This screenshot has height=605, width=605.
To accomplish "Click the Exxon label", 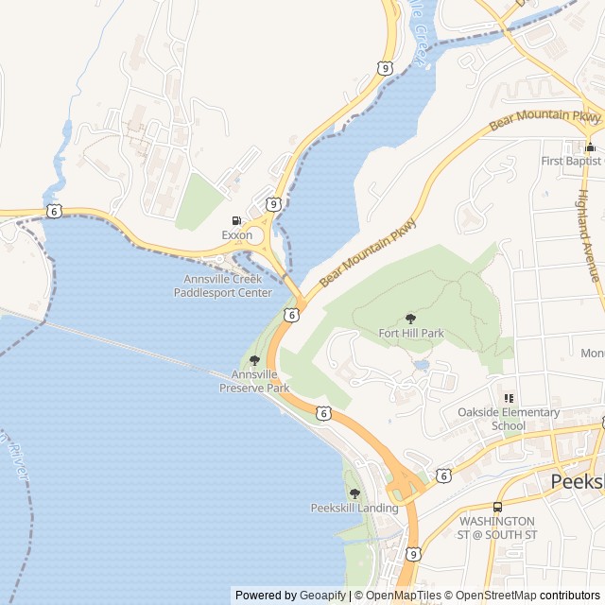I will (236, 234).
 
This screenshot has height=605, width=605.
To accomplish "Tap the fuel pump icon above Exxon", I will (236, 220).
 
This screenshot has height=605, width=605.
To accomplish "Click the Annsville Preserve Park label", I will (254, 381).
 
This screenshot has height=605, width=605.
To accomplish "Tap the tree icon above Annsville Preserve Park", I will (254, 360).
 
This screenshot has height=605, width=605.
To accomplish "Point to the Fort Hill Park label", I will (410, 333).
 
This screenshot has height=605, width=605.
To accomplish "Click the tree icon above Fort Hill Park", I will (410, 319).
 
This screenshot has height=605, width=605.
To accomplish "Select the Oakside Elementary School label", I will (509, 419).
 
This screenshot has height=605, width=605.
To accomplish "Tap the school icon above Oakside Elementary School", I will (509, 398).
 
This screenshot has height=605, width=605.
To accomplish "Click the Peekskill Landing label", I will (354, 508).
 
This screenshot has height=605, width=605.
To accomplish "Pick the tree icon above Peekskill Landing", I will (354, 493).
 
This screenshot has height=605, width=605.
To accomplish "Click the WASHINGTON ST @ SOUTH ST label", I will (498, 527).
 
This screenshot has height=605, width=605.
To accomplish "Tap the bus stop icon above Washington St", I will (498, 506).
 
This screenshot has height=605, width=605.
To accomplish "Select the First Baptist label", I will (571, 162).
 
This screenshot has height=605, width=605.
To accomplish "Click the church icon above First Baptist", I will (590, 147).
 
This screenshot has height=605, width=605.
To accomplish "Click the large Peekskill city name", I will (577, 482).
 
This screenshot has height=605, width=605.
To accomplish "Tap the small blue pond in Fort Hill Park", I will (422, 364).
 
